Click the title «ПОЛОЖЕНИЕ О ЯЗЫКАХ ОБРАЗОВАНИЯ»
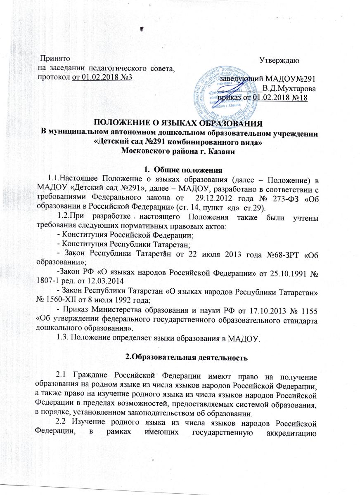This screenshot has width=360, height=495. coord(180,123)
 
